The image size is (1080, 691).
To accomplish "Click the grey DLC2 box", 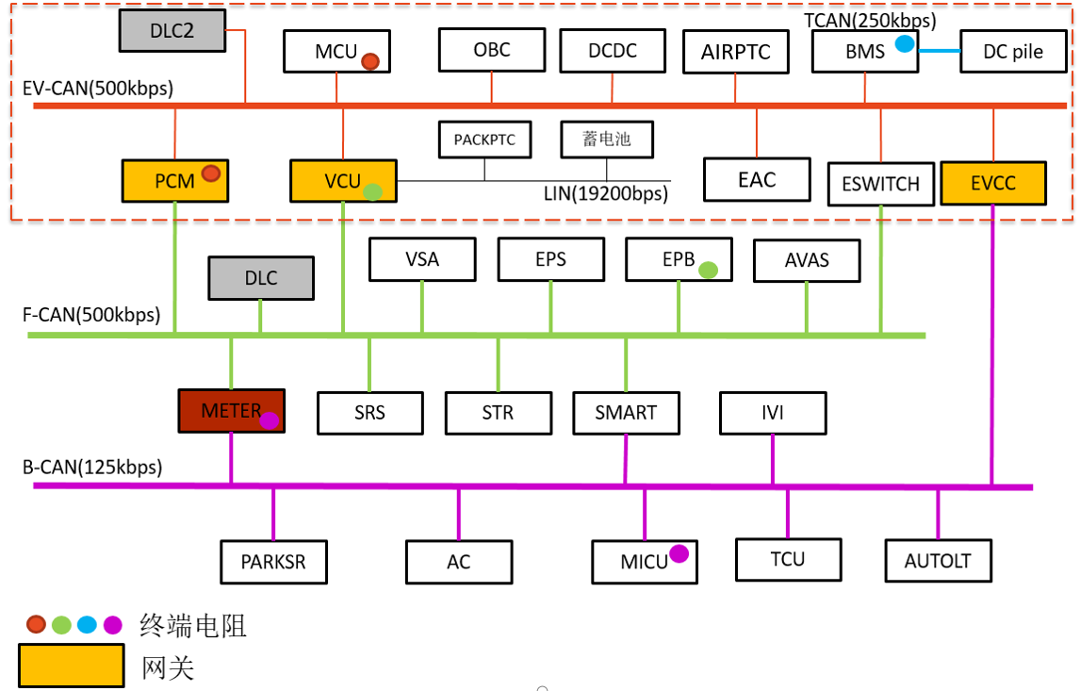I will pos(172,31).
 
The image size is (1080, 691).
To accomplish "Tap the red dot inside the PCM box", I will pos(211,173).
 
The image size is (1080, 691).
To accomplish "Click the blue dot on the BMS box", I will pos(905,42).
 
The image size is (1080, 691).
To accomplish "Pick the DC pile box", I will pos(1012,52).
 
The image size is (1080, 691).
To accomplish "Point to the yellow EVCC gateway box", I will pos(993,183).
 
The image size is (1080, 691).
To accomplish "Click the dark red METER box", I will pos(231,411).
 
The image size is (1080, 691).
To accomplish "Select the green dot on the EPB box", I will pos(708,270).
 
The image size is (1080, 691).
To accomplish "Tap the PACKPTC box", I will pos(484,140).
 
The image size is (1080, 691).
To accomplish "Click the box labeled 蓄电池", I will pos(607,140).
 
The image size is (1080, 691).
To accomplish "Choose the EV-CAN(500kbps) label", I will pos(98,89).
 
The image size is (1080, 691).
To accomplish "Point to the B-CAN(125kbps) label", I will pos(92,467).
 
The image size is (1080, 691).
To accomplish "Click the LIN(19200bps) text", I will pos(606,195).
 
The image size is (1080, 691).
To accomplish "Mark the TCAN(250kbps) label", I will pos(870,20).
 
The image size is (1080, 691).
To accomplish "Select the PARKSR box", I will pos(273,562).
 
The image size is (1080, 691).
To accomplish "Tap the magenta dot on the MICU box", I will pos(679,553).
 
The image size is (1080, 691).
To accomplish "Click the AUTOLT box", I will pos(937,561).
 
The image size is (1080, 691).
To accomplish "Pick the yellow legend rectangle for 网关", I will pos(72,665).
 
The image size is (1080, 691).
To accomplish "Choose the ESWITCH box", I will pos(880,184).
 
